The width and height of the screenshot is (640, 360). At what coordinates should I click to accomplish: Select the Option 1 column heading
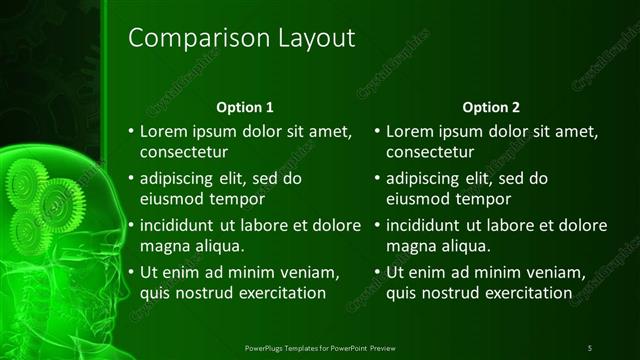coord(245,107)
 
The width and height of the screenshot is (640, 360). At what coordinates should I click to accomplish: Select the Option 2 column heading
coord(490,107)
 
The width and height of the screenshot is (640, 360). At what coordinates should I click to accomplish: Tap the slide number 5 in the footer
coord(590,347)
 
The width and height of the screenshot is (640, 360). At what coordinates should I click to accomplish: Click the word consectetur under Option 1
coord(184,153)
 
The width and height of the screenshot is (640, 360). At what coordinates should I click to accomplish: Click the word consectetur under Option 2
coord(429,153)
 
